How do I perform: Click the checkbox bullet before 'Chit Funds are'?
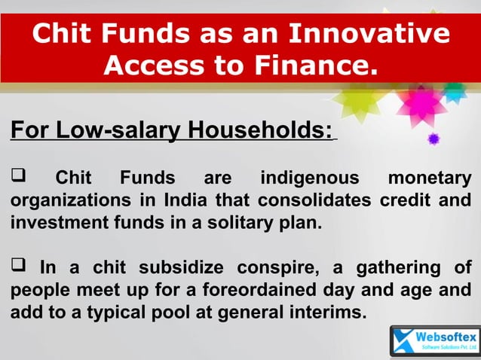pyautogui.click(x=18, y=178)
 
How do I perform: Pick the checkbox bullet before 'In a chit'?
pyautogui.click(x=18, y=267)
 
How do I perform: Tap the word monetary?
pyautogui.click(x=429, y=179)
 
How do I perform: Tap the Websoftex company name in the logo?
pyautogui.click(x=444, y=336)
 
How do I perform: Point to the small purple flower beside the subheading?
pyautogui.click(x=433, y=139)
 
